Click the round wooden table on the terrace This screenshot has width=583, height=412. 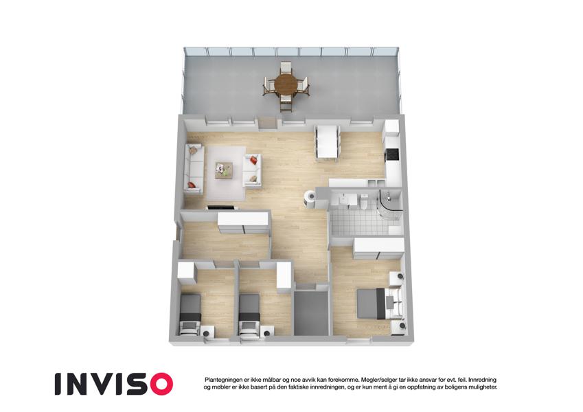pos(286,84)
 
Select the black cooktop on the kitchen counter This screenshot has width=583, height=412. pos(393,154)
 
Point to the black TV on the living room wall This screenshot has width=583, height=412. pos(221,207)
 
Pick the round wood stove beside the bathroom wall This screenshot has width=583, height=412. pos(309,198)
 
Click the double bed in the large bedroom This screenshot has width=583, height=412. pos(379,303)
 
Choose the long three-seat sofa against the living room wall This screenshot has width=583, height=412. pos(194,169)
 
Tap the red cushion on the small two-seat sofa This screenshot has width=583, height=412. pos(253,160)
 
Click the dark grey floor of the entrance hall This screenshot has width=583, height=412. pos(311,312)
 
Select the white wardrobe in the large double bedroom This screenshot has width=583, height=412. pos(379,249)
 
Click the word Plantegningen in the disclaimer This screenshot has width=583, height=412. pos(222,380)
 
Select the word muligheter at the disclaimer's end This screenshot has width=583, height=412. pos(482,387)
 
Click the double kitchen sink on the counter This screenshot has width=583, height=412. pos(376,182)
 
